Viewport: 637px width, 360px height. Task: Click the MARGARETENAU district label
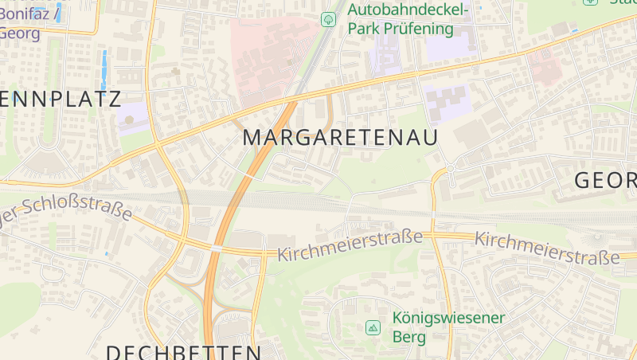pyautogui.click(x=340, y=137)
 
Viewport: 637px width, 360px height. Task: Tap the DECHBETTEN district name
pyautogui.click(x=183, y=351)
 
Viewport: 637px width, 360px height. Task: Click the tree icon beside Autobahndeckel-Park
pyautogui.click(x=327, y=19)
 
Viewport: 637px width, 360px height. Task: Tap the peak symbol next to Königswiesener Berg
pyautogui.click(x=373, y=327)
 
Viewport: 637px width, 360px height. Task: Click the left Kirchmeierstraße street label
pyautogui.click(x=350, y=245)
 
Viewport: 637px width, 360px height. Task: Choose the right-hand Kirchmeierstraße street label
pyautogui.click(x=547, y=248)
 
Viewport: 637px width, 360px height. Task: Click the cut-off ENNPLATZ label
pyautogui.click(x=61, y=100)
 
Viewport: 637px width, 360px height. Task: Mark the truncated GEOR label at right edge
pyautogui.click(x=605, y=181)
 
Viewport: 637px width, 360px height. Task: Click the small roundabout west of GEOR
pyautogui.click(x=449, y=169)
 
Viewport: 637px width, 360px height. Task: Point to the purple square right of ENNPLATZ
pyautogui.click(x=131, y=117)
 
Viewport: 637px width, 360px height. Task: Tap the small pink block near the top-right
pyautogui.click(x=545, y=65)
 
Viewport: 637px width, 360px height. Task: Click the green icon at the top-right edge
pyautogui.click(x=590, y=2)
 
